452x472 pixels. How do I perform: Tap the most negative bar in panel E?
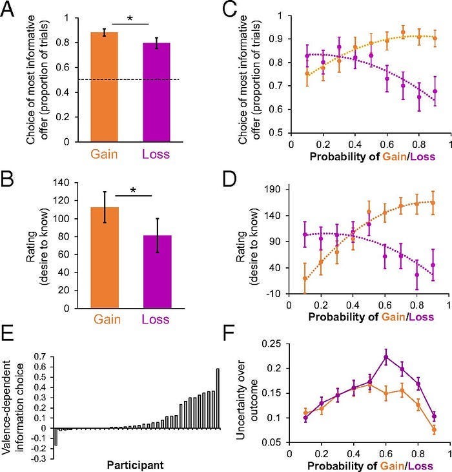tap(56, 436)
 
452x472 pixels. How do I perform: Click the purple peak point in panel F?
tap(386, 356)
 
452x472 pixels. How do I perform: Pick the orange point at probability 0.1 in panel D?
tap(305, 278)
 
